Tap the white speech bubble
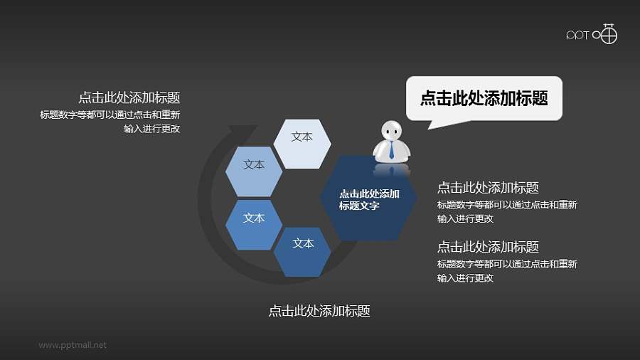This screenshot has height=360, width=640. click(x=484, y=98)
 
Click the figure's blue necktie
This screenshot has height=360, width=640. click(x=391, y=150)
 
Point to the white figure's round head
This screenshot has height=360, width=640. click(x=390, y=131)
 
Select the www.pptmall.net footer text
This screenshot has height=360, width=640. click(x=73, y=345)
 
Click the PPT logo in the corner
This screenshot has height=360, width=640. click(x=591, y=34)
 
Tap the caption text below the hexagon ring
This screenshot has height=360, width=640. click(x=319, y=311)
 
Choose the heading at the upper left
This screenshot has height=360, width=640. click(x=129, y=98)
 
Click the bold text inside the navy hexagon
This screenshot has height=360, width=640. click(x=368, y=200)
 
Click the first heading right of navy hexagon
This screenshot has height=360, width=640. click(x=488, y=188)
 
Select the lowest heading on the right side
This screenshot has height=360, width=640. click(x=488, y=247)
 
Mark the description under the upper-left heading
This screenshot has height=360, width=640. click(x=110, y=122)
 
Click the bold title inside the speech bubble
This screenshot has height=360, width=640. click(x=484, y=98)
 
